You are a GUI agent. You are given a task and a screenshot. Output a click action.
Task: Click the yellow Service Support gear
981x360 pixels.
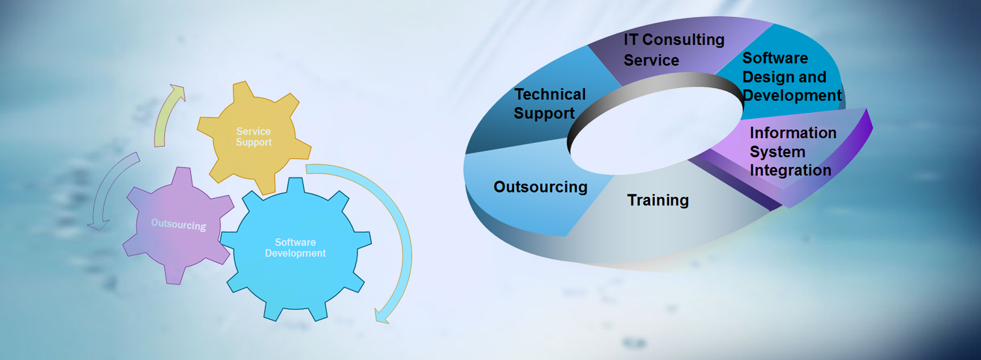pos(254,138)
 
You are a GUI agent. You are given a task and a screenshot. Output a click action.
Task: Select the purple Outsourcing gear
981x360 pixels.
pos(178,224)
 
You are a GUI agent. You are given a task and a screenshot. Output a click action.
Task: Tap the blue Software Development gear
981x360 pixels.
pos(295,248)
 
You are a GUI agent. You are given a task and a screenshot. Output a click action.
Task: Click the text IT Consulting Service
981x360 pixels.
pos(674,50)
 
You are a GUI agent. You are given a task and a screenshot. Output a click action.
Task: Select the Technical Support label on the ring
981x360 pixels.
pos(550,103)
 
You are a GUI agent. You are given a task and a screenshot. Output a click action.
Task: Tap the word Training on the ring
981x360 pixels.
pos(657,200)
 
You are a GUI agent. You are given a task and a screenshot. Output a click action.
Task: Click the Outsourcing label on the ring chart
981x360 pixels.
pos(541,187)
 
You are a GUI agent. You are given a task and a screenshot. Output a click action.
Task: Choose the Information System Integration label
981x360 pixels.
pos(792,151)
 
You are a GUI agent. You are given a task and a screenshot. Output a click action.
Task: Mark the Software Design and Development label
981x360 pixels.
pos(792,77)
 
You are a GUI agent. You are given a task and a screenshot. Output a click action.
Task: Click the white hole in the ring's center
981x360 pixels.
pos(657,130)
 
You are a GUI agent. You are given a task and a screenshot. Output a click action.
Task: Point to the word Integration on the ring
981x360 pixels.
pos(790,170)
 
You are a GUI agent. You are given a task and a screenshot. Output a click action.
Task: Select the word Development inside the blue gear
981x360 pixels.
pos(295,253)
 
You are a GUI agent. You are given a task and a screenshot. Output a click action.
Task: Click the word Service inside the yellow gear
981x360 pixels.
pos(254,131)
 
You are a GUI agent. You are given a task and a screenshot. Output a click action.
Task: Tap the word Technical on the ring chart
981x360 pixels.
pos(550,94)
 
